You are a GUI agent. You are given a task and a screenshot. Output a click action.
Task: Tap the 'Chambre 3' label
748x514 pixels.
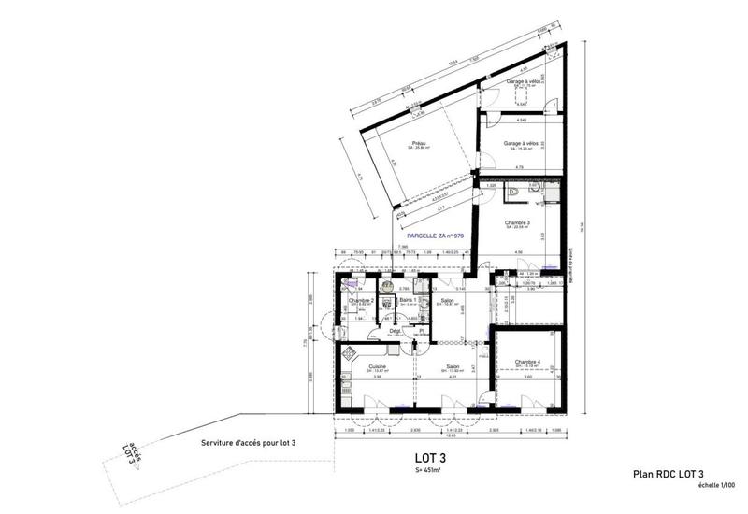[517, 222]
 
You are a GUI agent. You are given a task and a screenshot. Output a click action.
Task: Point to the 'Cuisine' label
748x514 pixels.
[378, 366]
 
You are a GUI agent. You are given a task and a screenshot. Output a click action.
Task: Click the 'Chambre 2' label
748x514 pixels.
[362, 300]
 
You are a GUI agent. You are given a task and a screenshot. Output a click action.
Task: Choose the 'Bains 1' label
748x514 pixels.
[406, 300]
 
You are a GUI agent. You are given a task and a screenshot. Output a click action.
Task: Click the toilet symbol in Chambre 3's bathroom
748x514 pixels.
[516, 193]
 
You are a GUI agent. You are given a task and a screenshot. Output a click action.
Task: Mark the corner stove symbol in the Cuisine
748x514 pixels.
[349, 353]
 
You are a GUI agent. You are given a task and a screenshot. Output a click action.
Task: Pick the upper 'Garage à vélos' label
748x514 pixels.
[522, 82]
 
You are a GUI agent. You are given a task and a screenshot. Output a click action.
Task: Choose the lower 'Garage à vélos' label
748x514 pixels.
[521, 143]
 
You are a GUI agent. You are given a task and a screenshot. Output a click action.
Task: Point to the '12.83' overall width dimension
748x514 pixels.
[449, 435]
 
